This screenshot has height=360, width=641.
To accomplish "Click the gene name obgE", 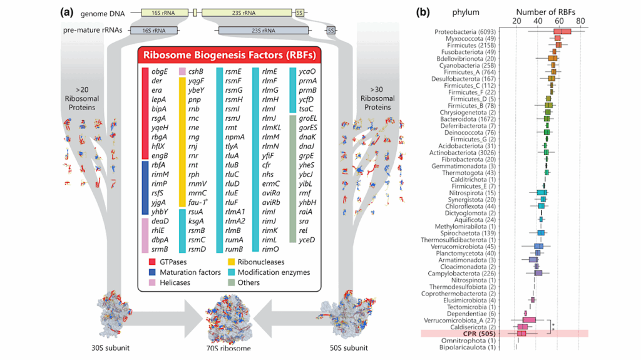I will coord(159,71).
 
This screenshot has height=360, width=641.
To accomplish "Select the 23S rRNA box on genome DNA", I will coord(246,12).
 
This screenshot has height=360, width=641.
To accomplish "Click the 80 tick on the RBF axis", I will coord(581,21).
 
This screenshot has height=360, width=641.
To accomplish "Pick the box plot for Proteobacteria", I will coord(562,31).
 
